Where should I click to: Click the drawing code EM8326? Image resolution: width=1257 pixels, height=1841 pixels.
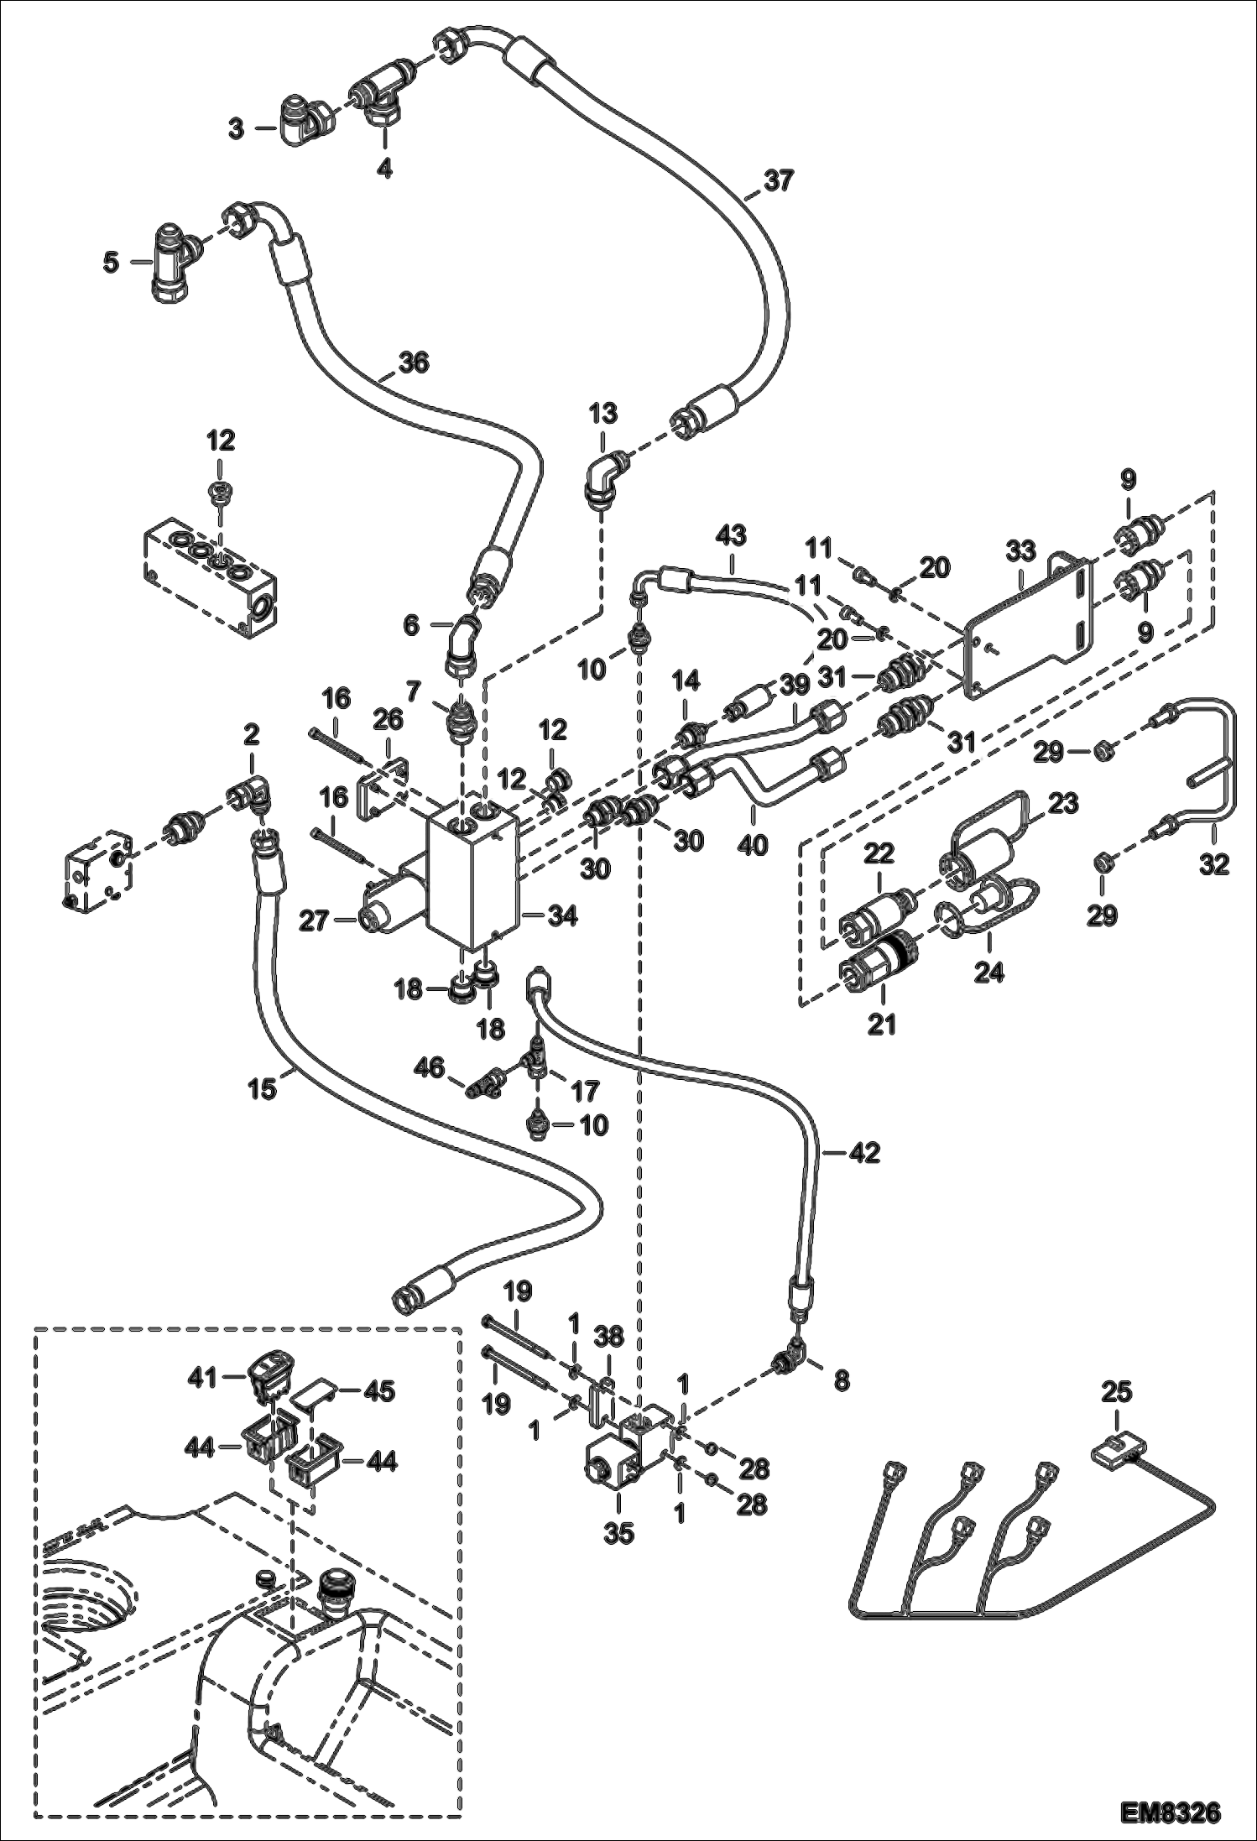(x=1170, y=1807)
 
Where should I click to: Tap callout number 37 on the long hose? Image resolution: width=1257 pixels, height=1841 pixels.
(x=778, y=181)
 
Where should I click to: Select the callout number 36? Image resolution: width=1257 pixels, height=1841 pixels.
(x=413, y=362)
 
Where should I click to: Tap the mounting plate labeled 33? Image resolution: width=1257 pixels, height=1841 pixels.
(x=1028, y=628)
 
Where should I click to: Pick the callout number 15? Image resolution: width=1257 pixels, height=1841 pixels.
(x=262, y=1089)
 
